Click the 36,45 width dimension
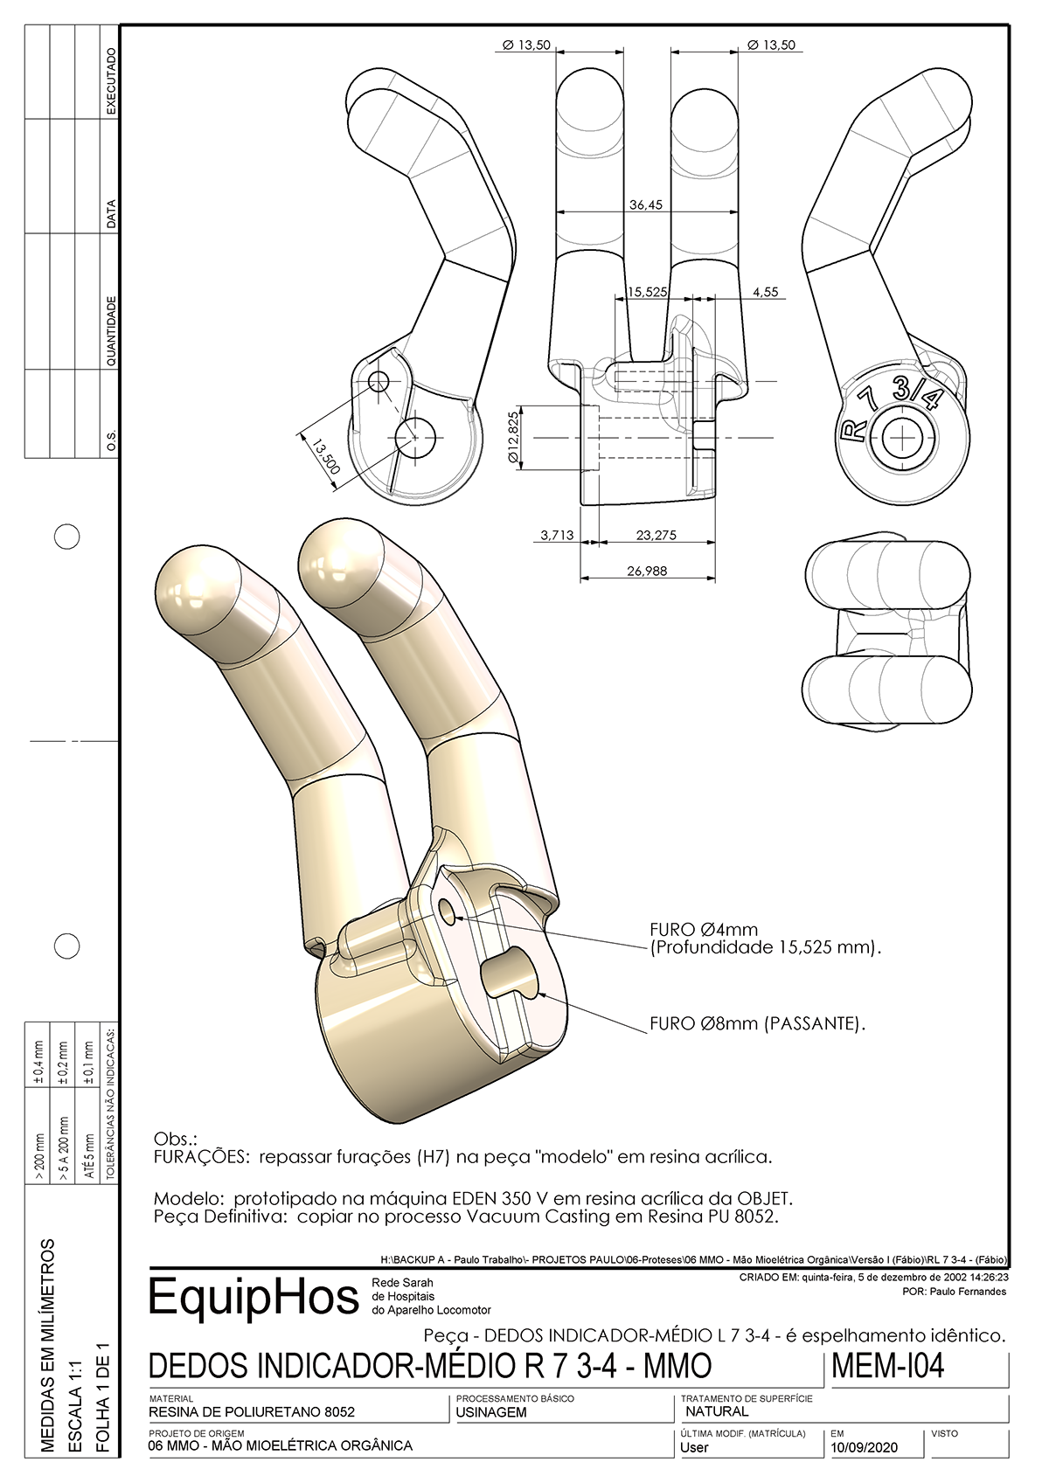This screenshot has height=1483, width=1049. tap(646, 204)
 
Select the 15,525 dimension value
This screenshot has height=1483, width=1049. tap(647, 292)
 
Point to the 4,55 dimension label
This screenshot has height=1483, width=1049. tap(765, 292)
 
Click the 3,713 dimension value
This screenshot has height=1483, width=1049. tap(557, 535)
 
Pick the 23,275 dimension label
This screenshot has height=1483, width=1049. tap(656, 535)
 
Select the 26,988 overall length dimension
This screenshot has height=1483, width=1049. tap(647, 571)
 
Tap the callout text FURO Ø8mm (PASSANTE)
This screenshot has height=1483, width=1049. tap(757, 1023)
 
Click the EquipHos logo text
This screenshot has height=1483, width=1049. tap(254, 1297)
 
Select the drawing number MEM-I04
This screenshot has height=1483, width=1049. tap(887, 1366)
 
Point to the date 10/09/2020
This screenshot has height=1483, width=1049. tap(864, 1447)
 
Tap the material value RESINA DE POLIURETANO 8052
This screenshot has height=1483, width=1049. tap(252, 1411)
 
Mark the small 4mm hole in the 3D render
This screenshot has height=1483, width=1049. tap(448, 911)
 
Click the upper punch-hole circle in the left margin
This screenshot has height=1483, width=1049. tap(67, 536)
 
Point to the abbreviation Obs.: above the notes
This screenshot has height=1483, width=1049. tap(176, 1140)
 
